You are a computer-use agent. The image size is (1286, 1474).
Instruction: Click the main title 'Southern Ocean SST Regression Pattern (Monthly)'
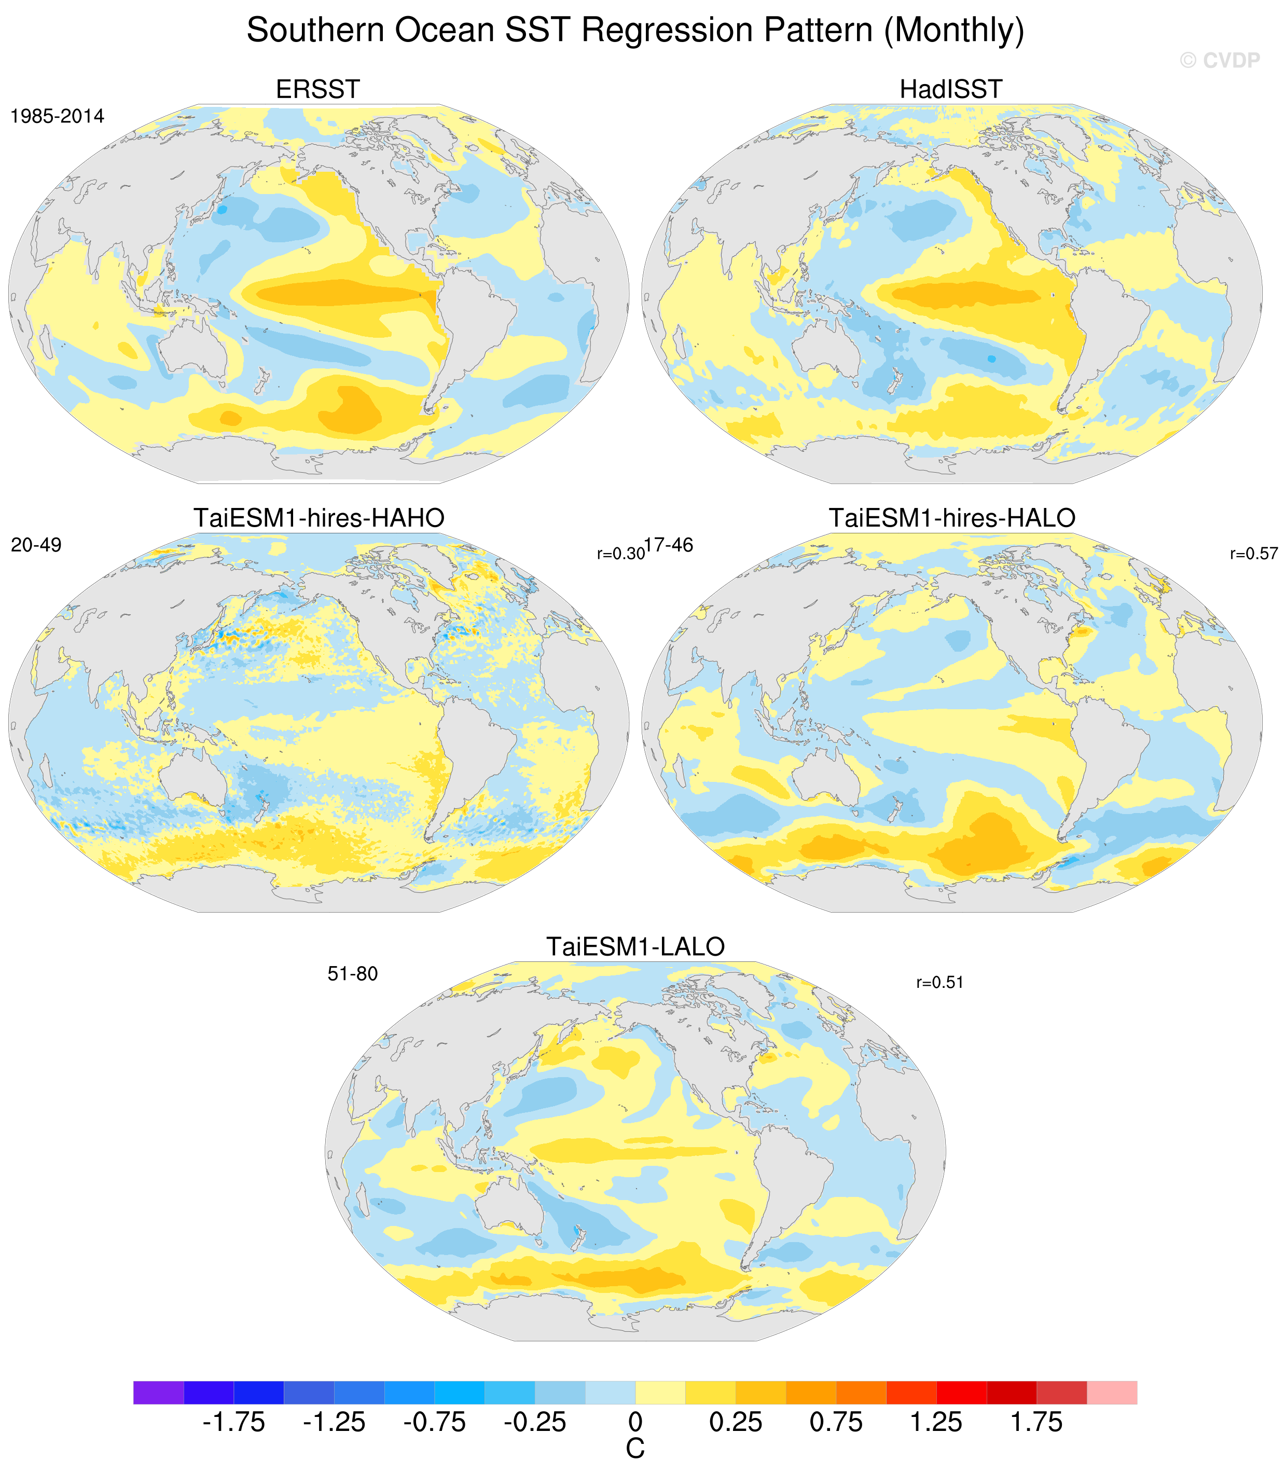coord(635,30)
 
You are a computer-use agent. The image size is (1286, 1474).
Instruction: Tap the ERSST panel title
coord(318,90)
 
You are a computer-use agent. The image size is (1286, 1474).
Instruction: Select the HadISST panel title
coord(951,90)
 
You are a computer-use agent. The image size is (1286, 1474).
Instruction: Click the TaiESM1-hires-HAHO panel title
coord(319,518)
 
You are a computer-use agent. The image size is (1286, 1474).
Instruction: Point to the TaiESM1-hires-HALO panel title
coord(952,518)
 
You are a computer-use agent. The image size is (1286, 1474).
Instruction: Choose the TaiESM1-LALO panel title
coord(636,946)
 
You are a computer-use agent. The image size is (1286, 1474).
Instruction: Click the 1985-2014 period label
coord(58,116)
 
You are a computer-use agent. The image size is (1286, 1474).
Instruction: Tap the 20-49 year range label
coord(36,545)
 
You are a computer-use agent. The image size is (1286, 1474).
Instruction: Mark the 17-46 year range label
coord(669,545)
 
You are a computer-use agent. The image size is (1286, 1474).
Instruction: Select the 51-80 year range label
coord(352,974)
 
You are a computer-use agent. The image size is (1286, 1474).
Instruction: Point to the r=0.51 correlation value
coord(939,983)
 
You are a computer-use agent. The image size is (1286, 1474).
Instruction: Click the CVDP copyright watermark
coord(1220,60)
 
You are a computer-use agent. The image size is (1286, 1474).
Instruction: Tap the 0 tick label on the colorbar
coord(635,1422)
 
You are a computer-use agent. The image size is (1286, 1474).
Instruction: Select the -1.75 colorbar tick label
coord(233,1422)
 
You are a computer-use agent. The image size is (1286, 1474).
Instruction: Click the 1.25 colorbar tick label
coord(936,1422)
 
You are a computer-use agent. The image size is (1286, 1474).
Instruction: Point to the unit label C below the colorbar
coord(635,1449)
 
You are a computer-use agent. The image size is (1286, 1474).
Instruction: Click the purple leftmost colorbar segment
coord(159,1392)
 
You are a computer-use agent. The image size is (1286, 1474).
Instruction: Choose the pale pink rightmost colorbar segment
coord(1112,1392)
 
